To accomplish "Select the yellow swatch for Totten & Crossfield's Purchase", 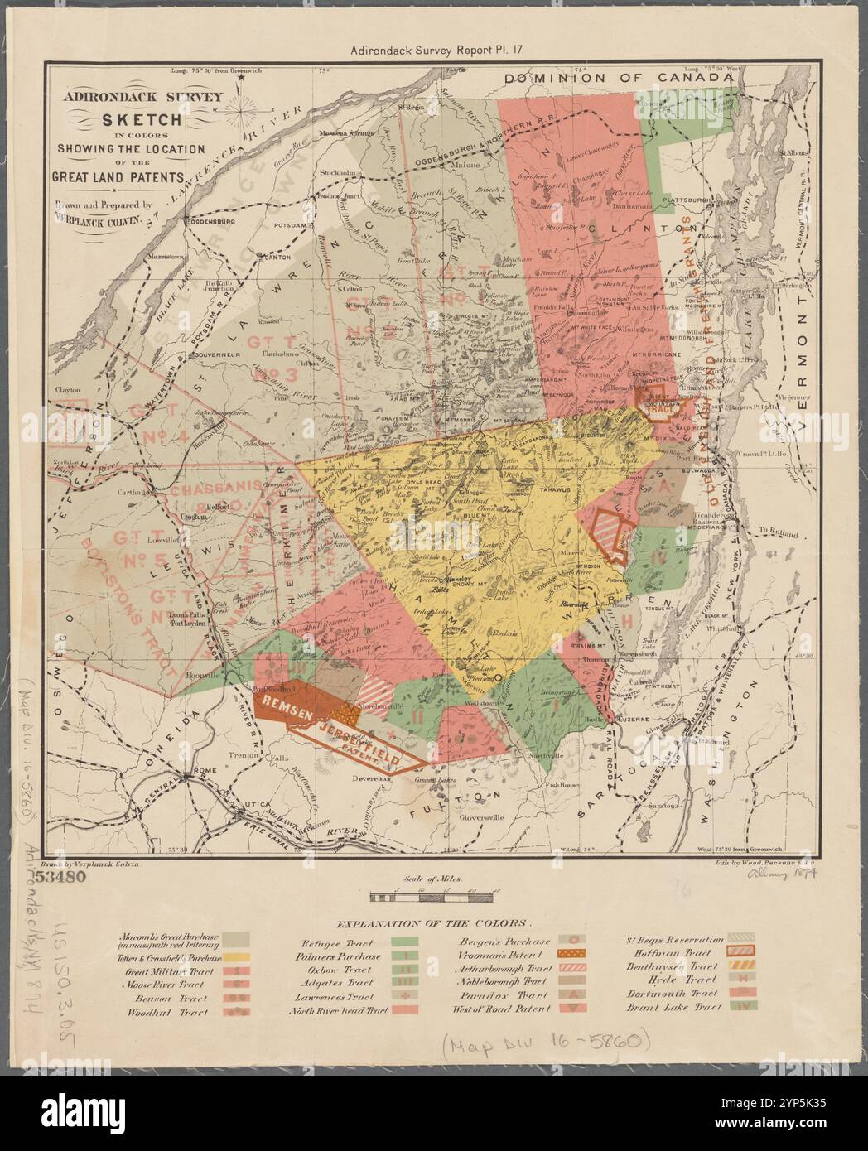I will (238, 956).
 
